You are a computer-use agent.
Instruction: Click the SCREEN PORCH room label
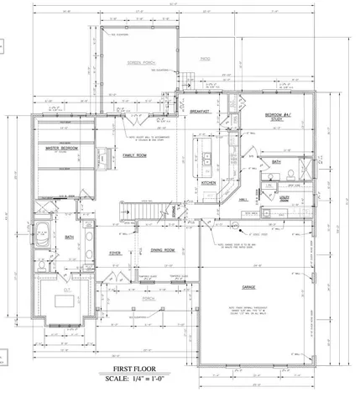[x=139, y=64]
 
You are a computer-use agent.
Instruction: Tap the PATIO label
[x=206, y=60]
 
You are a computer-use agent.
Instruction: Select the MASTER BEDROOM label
[x=61, y=149]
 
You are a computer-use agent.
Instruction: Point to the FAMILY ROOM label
[x=136, y=155]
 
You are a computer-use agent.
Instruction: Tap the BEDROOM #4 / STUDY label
[x=278, y=117]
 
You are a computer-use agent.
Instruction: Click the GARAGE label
[x=248, y=287]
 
